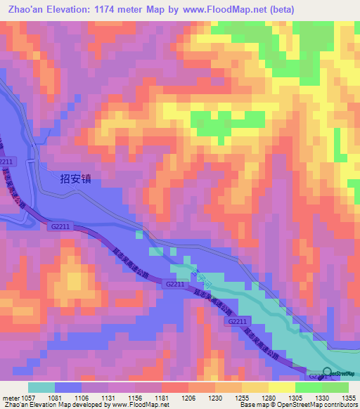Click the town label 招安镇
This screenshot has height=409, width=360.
(x=76, y=178)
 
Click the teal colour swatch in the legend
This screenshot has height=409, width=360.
(x=41, y=387)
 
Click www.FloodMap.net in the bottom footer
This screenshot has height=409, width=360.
(x=136, y=405)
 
